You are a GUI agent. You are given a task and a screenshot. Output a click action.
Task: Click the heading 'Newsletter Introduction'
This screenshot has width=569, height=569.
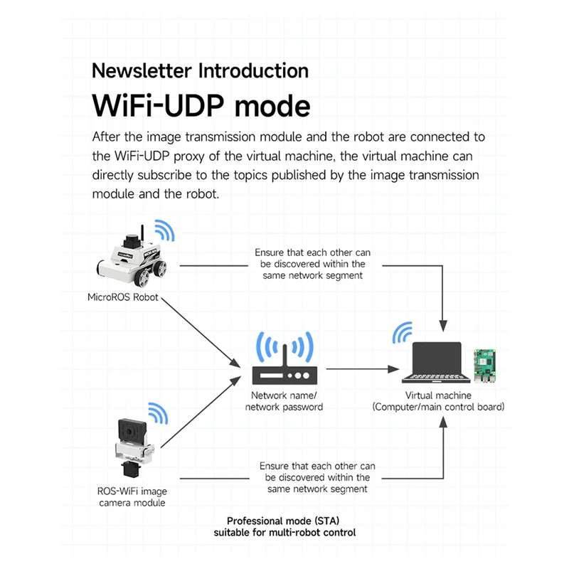pyautogui.click(x=200, y=71)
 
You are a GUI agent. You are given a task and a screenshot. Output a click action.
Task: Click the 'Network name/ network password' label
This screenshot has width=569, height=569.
pyautogui.click(x=284, y=401)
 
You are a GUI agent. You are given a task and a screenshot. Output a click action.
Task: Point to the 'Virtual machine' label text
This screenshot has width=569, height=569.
pyautogui.click(x=438, y=395)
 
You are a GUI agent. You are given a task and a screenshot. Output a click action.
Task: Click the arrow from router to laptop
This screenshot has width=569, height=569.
pyautogui.click(x=359, y=369)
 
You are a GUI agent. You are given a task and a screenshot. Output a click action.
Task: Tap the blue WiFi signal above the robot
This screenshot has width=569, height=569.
pyautogui.click(x=164, y=230)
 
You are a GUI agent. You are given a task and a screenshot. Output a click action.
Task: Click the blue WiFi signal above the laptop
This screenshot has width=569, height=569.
pyautogui.click(x=403, y=332)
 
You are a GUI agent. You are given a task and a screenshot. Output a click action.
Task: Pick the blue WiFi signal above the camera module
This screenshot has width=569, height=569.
pyautogui.click(x=157, y=413)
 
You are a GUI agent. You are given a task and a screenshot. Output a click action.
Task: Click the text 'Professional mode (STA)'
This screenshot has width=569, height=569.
pyautogui.click(x=284, y=521)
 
